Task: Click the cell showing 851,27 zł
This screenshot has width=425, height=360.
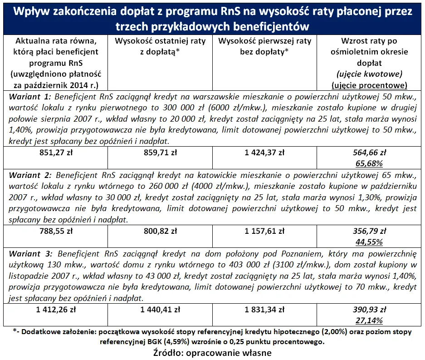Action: tap(55, 153)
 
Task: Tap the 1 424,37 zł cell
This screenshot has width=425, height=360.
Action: tap(264, 153)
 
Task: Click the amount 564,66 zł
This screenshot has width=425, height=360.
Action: tap(369, 153)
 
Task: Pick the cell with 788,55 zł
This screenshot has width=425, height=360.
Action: tap(55, 231)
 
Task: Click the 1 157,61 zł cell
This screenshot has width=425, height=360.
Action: tap(264, 231)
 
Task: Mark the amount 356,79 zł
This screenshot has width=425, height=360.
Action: tap(369, 231)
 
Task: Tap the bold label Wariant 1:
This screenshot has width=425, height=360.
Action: tap(28, 97)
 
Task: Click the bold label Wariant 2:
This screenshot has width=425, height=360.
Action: tap(28, 175)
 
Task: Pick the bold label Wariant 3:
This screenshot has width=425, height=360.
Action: tap(28, 253)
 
